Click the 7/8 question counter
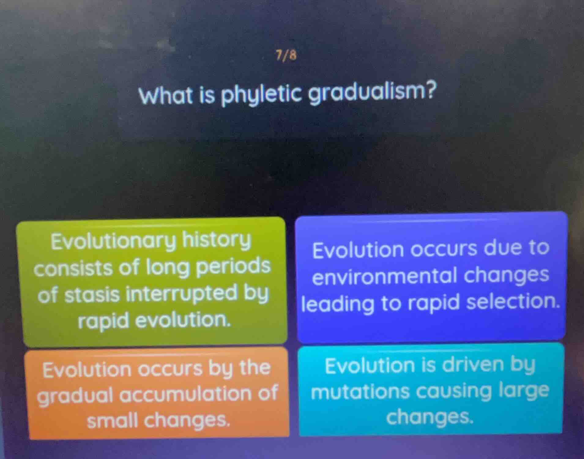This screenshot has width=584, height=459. pyautogui.click(x=286, y=55)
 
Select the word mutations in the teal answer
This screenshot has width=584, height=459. pyautogui.click(x=360, y=393)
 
